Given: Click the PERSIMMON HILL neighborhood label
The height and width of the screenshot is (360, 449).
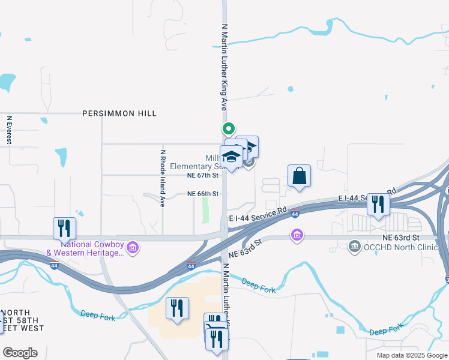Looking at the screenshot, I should (x=119, y=113).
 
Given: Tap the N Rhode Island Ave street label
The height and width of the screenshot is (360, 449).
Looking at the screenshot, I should (x=162, y=178).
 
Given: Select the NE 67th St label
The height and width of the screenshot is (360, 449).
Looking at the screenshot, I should (x=200, y=175).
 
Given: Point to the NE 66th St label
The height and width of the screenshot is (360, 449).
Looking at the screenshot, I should (x=203, y=194).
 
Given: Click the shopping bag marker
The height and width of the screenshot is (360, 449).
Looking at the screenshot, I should (x=299, y=176).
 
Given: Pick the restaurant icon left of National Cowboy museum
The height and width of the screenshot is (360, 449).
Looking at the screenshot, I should (x=64, y=228).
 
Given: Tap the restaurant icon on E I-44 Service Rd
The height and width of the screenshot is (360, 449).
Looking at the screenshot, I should (x=378, y=204).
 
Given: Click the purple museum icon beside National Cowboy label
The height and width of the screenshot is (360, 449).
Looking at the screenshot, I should (x=133, y=247).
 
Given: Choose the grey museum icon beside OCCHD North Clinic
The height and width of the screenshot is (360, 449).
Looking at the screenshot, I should (x=354, y=247).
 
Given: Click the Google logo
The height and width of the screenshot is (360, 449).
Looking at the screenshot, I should (x=20, y=353).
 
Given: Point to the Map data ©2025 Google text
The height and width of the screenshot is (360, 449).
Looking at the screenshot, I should (x=411, y=355).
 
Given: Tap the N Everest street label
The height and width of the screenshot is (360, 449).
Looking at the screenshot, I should (x=10, y=130).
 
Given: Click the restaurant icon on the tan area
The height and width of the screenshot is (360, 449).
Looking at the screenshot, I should (x=177, y=308).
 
